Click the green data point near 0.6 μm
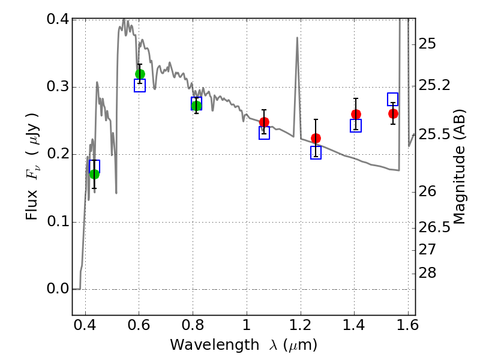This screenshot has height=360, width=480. coord(140,74)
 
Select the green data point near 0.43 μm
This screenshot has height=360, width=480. coord(94,174)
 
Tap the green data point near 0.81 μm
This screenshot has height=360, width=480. coord(196,106)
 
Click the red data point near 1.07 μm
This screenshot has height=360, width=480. coord(264,122)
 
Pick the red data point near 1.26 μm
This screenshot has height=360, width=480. coord(316,138)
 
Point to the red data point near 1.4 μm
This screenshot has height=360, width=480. coord(356,114)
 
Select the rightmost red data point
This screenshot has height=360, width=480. coord(393,113)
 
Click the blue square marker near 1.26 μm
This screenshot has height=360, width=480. coord(316,153)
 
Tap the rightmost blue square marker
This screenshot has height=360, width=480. coord(393,99)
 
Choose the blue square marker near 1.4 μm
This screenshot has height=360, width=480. coord(356,125)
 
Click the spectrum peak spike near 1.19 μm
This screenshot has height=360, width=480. coord(297,38)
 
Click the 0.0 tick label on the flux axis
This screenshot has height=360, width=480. coord(58,289)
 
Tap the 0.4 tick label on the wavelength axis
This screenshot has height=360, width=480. coord(85,328)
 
